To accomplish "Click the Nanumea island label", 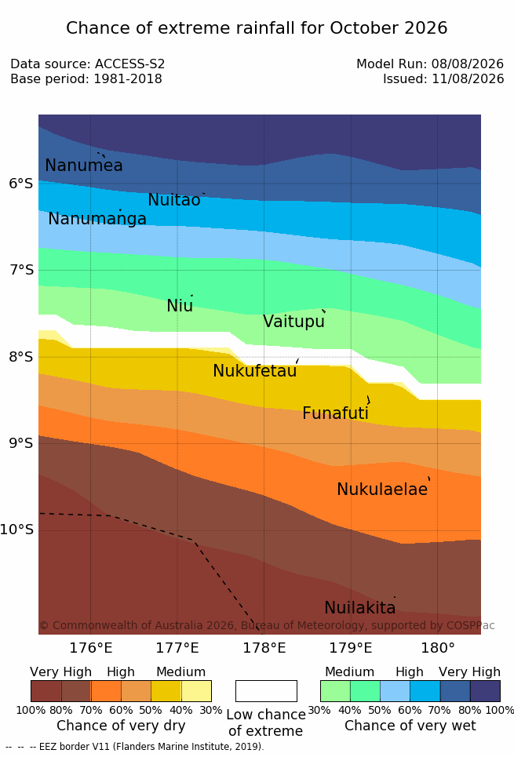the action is click(x=83, y=165).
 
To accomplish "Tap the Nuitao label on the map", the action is click(x=174, y=200).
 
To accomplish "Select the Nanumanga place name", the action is click(x=97, y=219).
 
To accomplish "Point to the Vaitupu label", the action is click(x=293, y=322).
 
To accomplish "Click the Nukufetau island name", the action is click(x=254, y=371).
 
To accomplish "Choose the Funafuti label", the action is click(x=335, y=413).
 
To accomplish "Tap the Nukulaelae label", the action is click(x=382, y=489).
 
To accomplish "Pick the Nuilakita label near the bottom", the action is click(x=360, y=607).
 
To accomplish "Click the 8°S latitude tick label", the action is click(x=21, y=357).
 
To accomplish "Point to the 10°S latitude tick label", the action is click(x=17, y=530).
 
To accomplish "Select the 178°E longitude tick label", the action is click(x=264, y=648).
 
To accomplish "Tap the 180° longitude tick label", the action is click(x=438, y=648).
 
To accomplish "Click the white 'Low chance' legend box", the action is click(x=266, y=691).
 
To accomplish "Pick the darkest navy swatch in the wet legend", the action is click(x=485, y=691).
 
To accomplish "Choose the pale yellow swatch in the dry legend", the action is click(x=196, y=691).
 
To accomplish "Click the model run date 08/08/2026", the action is click(x=468, y=64).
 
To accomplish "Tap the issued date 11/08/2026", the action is click(x=468, y=78).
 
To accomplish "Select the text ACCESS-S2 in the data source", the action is click(x=130, y=64).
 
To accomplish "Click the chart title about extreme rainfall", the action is click(x=257, y=28).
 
